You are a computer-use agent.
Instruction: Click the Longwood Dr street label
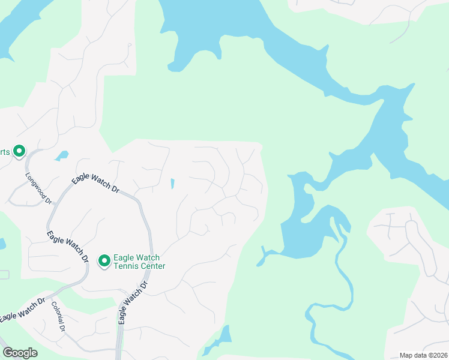[38, 188]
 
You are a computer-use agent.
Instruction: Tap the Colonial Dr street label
[58, 317]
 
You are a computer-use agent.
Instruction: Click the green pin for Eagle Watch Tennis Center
[104, 260]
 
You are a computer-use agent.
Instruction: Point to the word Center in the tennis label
[154, 266]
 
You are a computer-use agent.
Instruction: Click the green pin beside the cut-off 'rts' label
[19, 151]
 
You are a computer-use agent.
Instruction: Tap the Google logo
[20, 353]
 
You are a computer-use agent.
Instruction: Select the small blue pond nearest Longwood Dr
[61, 156]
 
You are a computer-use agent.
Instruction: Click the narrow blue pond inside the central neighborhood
[172, 184]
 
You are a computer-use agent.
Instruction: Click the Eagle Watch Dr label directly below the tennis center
[132, 305]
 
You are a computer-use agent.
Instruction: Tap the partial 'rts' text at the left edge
[5, 152]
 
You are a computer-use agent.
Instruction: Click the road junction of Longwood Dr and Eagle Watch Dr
[52, 203]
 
